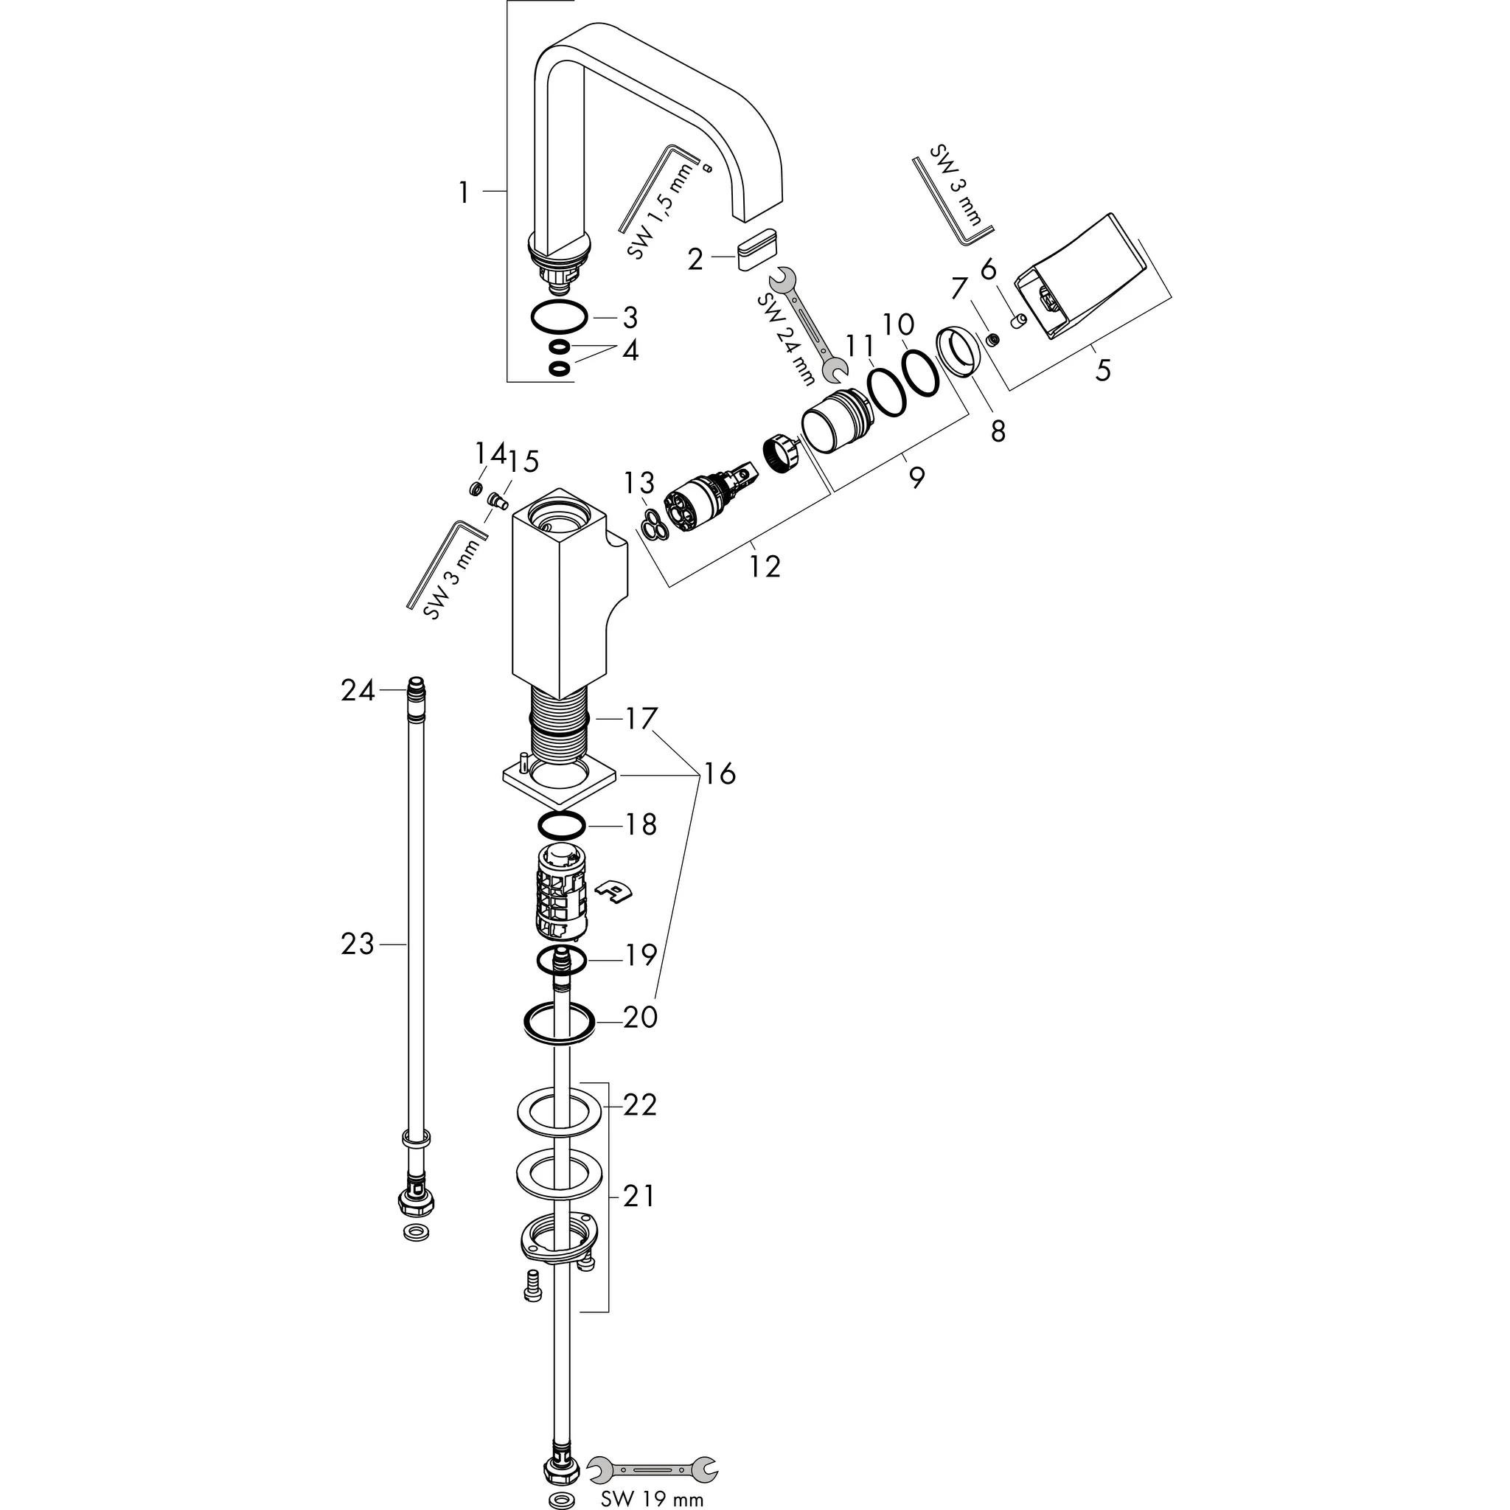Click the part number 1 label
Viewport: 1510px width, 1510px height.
pos(465,192)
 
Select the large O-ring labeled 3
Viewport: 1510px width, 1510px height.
pos(558,317)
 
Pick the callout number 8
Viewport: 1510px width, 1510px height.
pos(998,431)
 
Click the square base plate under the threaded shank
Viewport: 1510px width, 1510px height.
pos(560,784)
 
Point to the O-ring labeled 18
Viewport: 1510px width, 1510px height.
pos(561,824)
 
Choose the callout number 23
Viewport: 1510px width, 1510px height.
pos(357,944)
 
